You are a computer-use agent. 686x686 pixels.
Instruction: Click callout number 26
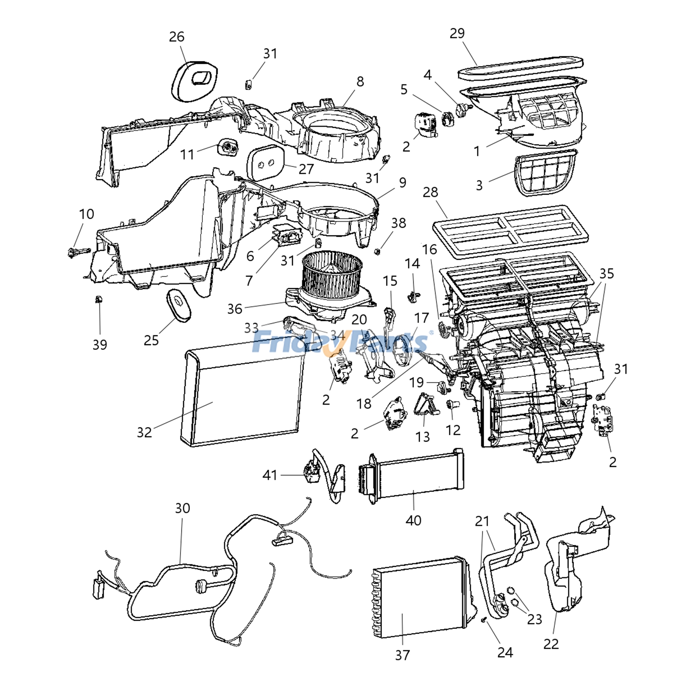[x=177, y=37]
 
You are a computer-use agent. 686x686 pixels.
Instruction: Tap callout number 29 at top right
[x=457, y=33]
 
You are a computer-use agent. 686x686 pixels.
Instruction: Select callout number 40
[x=413, y=520]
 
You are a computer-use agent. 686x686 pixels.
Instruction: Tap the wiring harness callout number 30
[x=182, y=508]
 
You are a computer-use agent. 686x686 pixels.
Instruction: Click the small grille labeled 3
[x=545, y=174]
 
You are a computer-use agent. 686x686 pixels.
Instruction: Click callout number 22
[x=551, y=644]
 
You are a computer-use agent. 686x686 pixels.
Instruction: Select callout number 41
[x=270, y=475]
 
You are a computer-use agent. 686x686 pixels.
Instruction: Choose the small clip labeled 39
[x=99, y=299]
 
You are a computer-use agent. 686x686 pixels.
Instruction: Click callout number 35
[x=607, y=273]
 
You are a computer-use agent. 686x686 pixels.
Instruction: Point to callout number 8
[x=360, y=81]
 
